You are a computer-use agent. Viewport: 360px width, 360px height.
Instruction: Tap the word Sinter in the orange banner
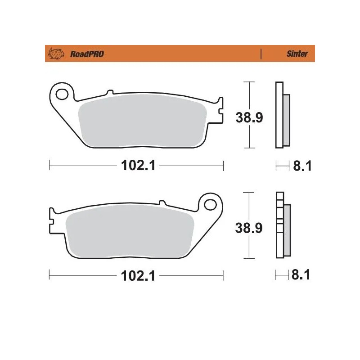(x=297, y=54)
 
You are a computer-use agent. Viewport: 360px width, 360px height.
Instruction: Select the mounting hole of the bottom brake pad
(x=210, y=204)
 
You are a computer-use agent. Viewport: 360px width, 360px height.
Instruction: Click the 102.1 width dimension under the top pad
(x=138, y=166)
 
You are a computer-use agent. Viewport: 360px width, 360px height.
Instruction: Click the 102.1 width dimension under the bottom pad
(x=138, y=275)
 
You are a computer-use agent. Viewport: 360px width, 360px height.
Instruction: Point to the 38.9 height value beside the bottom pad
(x=249, y=228)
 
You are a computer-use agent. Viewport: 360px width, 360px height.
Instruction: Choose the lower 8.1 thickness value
(x=301, y=275)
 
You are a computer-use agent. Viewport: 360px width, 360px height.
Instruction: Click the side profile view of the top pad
(x=282, y=115)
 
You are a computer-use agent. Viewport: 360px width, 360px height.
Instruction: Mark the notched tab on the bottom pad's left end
(x=52, y=220)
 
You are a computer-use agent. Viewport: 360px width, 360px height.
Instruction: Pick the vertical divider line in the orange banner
(x=261, y=54)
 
